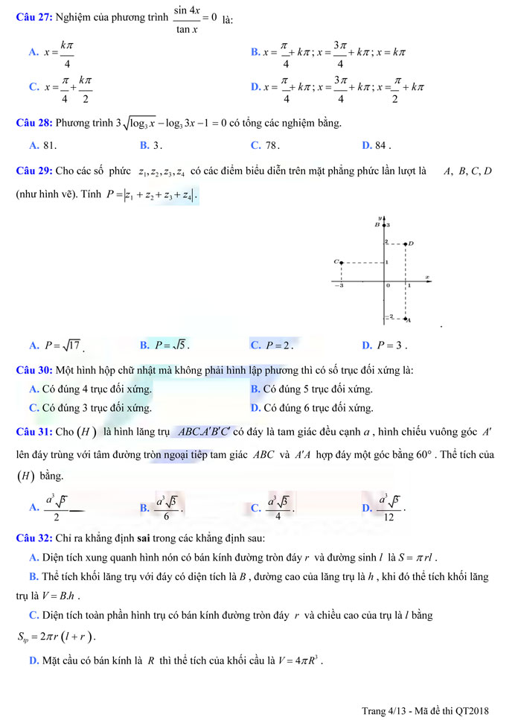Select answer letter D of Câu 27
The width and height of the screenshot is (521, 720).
pyautogui.click(x=255, y=86)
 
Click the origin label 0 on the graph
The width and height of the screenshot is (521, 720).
pyautogui.click(x=387, y=285)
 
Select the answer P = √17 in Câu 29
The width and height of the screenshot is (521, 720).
pyautogui.click(x=63, y=345)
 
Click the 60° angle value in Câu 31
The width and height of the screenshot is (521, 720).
pyautogui.click(x=426, y=453)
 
